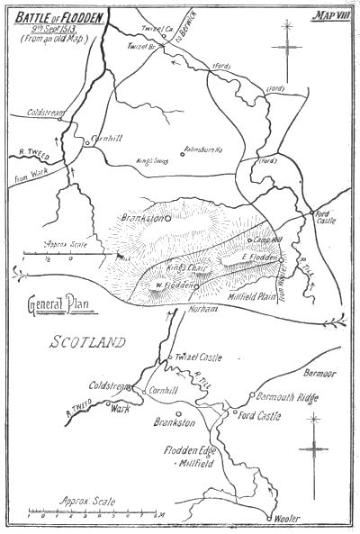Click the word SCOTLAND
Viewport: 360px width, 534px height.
tap(88, 341)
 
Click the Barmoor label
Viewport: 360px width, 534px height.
tap(321, 371)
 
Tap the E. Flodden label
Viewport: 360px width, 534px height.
tap(258, 258)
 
